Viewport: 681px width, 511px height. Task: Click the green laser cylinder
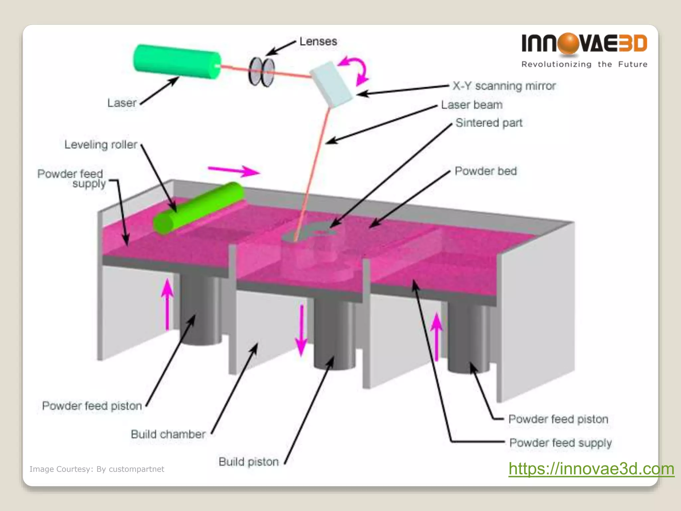(176, 62)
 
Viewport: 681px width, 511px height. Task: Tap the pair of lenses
(262, 72)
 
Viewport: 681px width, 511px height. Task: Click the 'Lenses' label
(318, 42)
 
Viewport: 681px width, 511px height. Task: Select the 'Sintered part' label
(489, 123)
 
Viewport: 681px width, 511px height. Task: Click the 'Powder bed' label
(485, 171)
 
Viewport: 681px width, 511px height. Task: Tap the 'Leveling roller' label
(101, 144)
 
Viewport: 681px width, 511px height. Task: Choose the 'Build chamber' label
(168, 434)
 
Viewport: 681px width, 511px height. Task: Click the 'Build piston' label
(249, 462)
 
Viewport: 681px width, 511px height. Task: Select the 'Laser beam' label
(472, 105)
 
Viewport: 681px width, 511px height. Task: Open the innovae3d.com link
(591, 469)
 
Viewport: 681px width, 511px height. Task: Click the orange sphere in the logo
(569, 43)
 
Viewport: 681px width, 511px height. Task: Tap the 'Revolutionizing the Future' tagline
(584, 64)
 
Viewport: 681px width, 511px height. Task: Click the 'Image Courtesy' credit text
(97, 469)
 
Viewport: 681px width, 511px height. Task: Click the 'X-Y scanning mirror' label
(504, 86)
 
